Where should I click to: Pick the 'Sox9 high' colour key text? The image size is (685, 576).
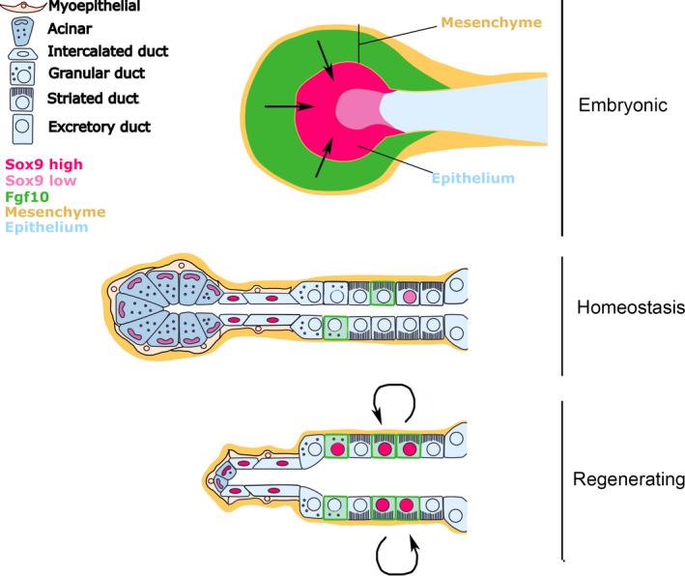(43, 165)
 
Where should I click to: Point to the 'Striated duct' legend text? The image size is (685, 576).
(93, 98)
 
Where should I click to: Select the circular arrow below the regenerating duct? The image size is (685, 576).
(396, 555)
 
